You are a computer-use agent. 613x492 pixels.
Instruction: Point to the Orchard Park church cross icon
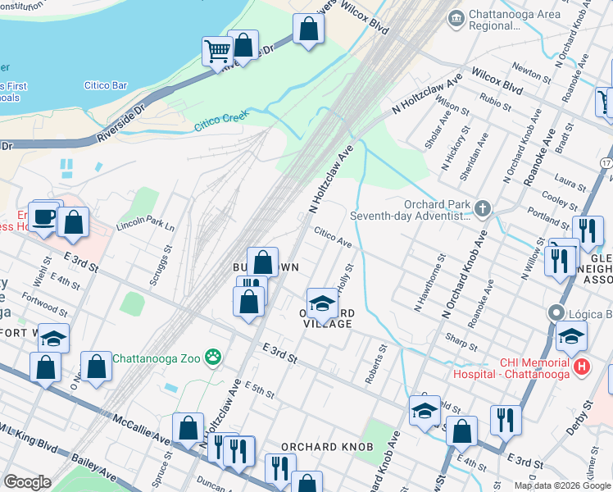(483, 208)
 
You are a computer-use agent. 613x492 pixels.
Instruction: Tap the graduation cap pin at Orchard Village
(322, 303)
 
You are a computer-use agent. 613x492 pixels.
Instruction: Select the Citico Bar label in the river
(106, 85)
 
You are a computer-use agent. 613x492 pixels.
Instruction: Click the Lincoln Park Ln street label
(145, 223)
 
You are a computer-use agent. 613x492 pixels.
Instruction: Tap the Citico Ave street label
(333, 238)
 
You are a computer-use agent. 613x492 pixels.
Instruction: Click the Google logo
(28, 482)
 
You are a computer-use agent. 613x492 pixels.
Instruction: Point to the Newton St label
(534, 75)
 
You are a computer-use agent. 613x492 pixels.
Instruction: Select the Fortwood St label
(46, 305)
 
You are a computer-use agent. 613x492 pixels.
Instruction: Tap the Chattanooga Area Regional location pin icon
(456, 16)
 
